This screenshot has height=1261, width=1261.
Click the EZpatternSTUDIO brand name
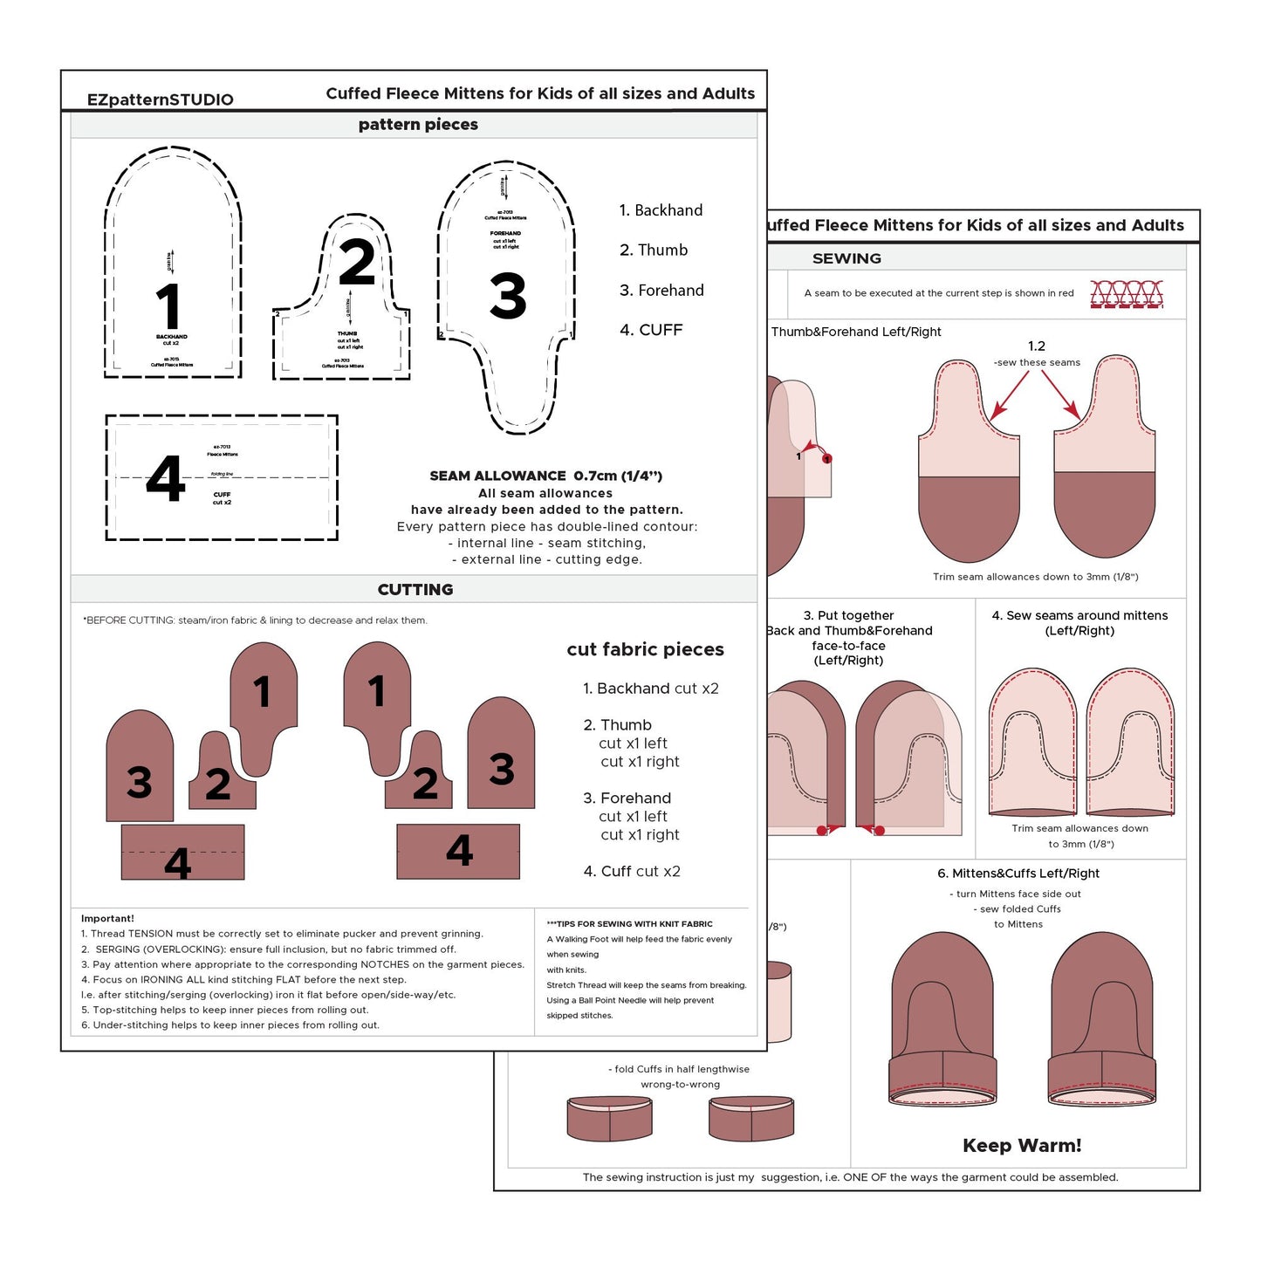160,99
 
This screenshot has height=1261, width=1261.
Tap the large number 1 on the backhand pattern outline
168,306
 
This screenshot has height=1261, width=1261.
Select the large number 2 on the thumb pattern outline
357,262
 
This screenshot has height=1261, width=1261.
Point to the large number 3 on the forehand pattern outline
508,296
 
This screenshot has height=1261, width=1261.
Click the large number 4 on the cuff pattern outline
166,478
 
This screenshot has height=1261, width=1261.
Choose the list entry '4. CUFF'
651,330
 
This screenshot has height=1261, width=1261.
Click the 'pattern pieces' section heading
418,125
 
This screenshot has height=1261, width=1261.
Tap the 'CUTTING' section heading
415,590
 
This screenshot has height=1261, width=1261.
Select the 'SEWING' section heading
846,258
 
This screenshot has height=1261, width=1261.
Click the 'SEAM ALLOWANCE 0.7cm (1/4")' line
545,476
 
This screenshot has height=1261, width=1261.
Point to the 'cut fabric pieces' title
645,649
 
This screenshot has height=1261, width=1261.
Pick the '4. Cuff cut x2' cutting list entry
632,871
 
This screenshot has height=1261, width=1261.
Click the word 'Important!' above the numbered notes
107,918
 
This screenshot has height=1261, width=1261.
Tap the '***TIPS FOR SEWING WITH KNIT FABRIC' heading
629,923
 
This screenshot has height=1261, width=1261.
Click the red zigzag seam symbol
1127,294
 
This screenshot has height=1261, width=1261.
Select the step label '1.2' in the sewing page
1036,346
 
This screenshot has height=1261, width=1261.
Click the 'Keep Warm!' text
1022,1146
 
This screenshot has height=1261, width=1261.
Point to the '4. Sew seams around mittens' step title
1079,615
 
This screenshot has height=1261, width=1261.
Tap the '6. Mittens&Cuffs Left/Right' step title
1018,873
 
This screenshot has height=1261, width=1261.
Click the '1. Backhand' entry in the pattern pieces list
661,210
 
